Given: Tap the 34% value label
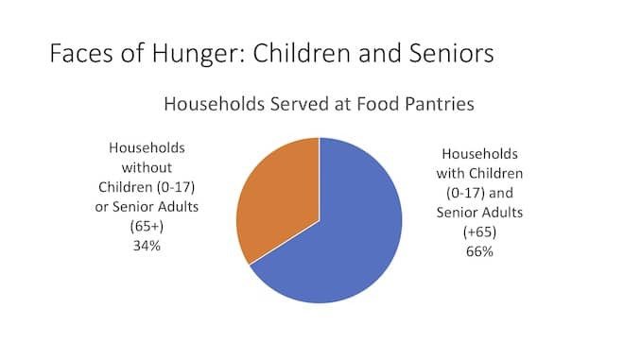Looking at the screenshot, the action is [147, 246].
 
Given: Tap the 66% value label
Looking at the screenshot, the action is [479, 251].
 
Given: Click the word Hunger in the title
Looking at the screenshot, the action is [199, 54].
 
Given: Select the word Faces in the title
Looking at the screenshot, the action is [81, 53].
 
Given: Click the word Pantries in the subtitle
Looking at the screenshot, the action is [440, 104].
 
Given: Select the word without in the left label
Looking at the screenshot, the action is [147, 167].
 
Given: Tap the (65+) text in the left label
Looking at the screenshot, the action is [147, 226].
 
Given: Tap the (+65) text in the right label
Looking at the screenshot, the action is [479, 232].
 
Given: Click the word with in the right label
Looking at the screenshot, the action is [450, 173].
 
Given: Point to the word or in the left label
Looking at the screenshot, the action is [101, 207].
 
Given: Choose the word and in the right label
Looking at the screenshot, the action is [501, 193].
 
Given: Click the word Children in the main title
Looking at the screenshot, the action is [303, 53].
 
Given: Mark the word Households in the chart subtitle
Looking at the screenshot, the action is [215, 104].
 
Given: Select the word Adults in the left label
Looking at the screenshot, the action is [179, 206].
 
